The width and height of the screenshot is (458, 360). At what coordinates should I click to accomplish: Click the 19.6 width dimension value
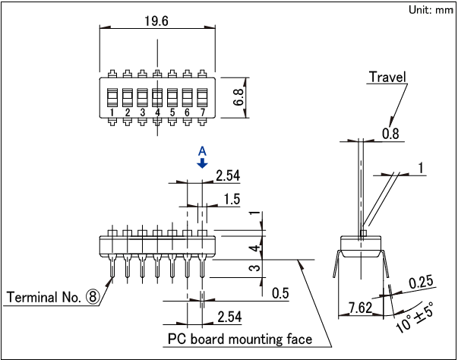coord(156,21)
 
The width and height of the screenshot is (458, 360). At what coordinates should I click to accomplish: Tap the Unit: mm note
coord(431,10)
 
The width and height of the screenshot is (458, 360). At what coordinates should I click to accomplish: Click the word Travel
coord(387,77)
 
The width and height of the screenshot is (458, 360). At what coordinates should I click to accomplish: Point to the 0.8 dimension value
coord(390,134)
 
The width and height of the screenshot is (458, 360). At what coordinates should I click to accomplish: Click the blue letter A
coord(202,151)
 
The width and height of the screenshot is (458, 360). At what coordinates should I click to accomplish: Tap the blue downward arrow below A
coord(202,163)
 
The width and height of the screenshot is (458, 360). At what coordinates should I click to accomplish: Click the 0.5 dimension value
coord(280,294)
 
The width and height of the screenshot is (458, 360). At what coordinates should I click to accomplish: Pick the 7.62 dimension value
coord(360,308)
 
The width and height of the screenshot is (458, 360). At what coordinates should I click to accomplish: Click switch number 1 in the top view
coord(112,112)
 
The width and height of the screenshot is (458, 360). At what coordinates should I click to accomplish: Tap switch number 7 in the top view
coord(203,112)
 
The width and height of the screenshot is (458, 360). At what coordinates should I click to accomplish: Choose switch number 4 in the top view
coord(157,112)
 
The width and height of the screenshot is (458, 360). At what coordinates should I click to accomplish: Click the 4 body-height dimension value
coord(258,248)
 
